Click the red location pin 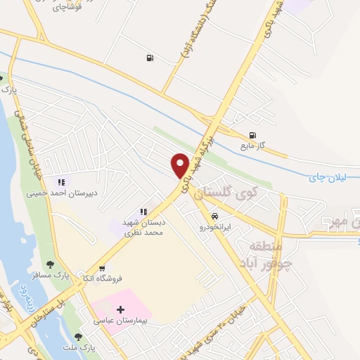pos(180,165)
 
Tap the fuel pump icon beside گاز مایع pos(252,136)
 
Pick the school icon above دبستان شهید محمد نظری pos(143,212)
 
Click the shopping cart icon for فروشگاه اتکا pos(103,268)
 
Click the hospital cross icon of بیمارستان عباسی pos(120,309)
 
